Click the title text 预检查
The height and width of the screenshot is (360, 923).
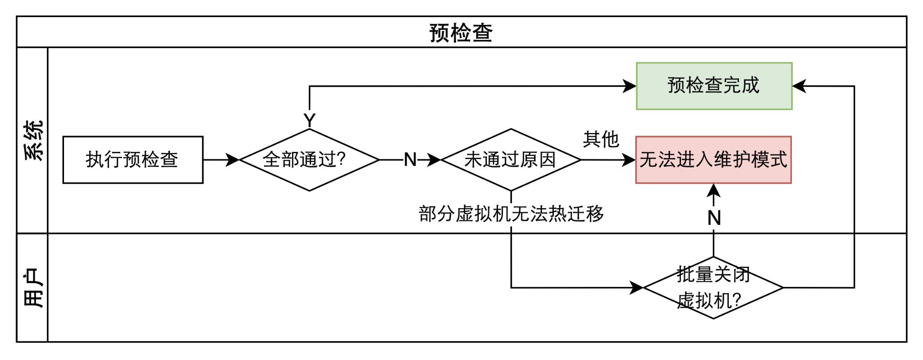pyautogui.click(x=461, y=33)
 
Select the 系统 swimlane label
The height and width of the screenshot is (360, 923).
pyautogui.click(x=33, y=141)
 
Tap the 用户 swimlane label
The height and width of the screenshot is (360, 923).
pyautogui.click(x=33, y=288)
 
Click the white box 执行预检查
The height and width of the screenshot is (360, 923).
pyautogui.click(x=133, y=160)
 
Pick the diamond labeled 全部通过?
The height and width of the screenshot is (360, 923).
pyautogui.click(x=309, y=160)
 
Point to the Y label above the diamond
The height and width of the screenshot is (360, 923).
pyautogui.click(x=310, y=120)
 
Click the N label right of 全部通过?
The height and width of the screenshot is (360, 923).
pyautogui.click(x=410, y=160)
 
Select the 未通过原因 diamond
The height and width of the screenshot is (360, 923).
pyautogui.click(x=511, y=160)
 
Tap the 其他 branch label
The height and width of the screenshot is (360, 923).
pyautogui.click(x=601, y=140)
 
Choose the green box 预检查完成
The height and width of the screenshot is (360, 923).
pyautogui.click(x=714, y=86)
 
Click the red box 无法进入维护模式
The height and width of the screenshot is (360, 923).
pyautogui.click(x=713, y=160)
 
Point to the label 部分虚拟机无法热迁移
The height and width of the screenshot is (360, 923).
pyautogui.click(x=512, y=214)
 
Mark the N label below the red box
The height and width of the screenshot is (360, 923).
pyautogui.click(x=714, y=218)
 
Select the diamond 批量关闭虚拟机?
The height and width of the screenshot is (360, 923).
pyautogui.click(x=713, y=287)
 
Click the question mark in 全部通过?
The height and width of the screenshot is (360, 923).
pyautogui.click(x=340, y=159)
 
